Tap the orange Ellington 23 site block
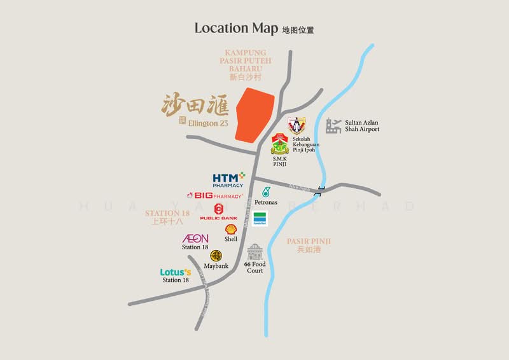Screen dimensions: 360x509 (x=255, y=116)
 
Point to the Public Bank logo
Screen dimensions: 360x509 (x=218, y=212)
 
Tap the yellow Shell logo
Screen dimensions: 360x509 (x=231, y=229)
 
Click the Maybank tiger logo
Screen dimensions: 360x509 (x=216, y=256)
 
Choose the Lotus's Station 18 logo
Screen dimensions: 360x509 (x=176, y=272)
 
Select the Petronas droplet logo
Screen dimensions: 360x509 (x=266, y=191)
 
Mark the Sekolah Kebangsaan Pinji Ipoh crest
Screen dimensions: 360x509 (x=296, y=125)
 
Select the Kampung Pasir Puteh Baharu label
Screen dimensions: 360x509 (x=248, y=60)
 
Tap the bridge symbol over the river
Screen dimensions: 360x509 (x=323, y=189)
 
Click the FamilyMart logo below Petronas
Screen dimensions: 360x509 (x=260, y=219)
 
